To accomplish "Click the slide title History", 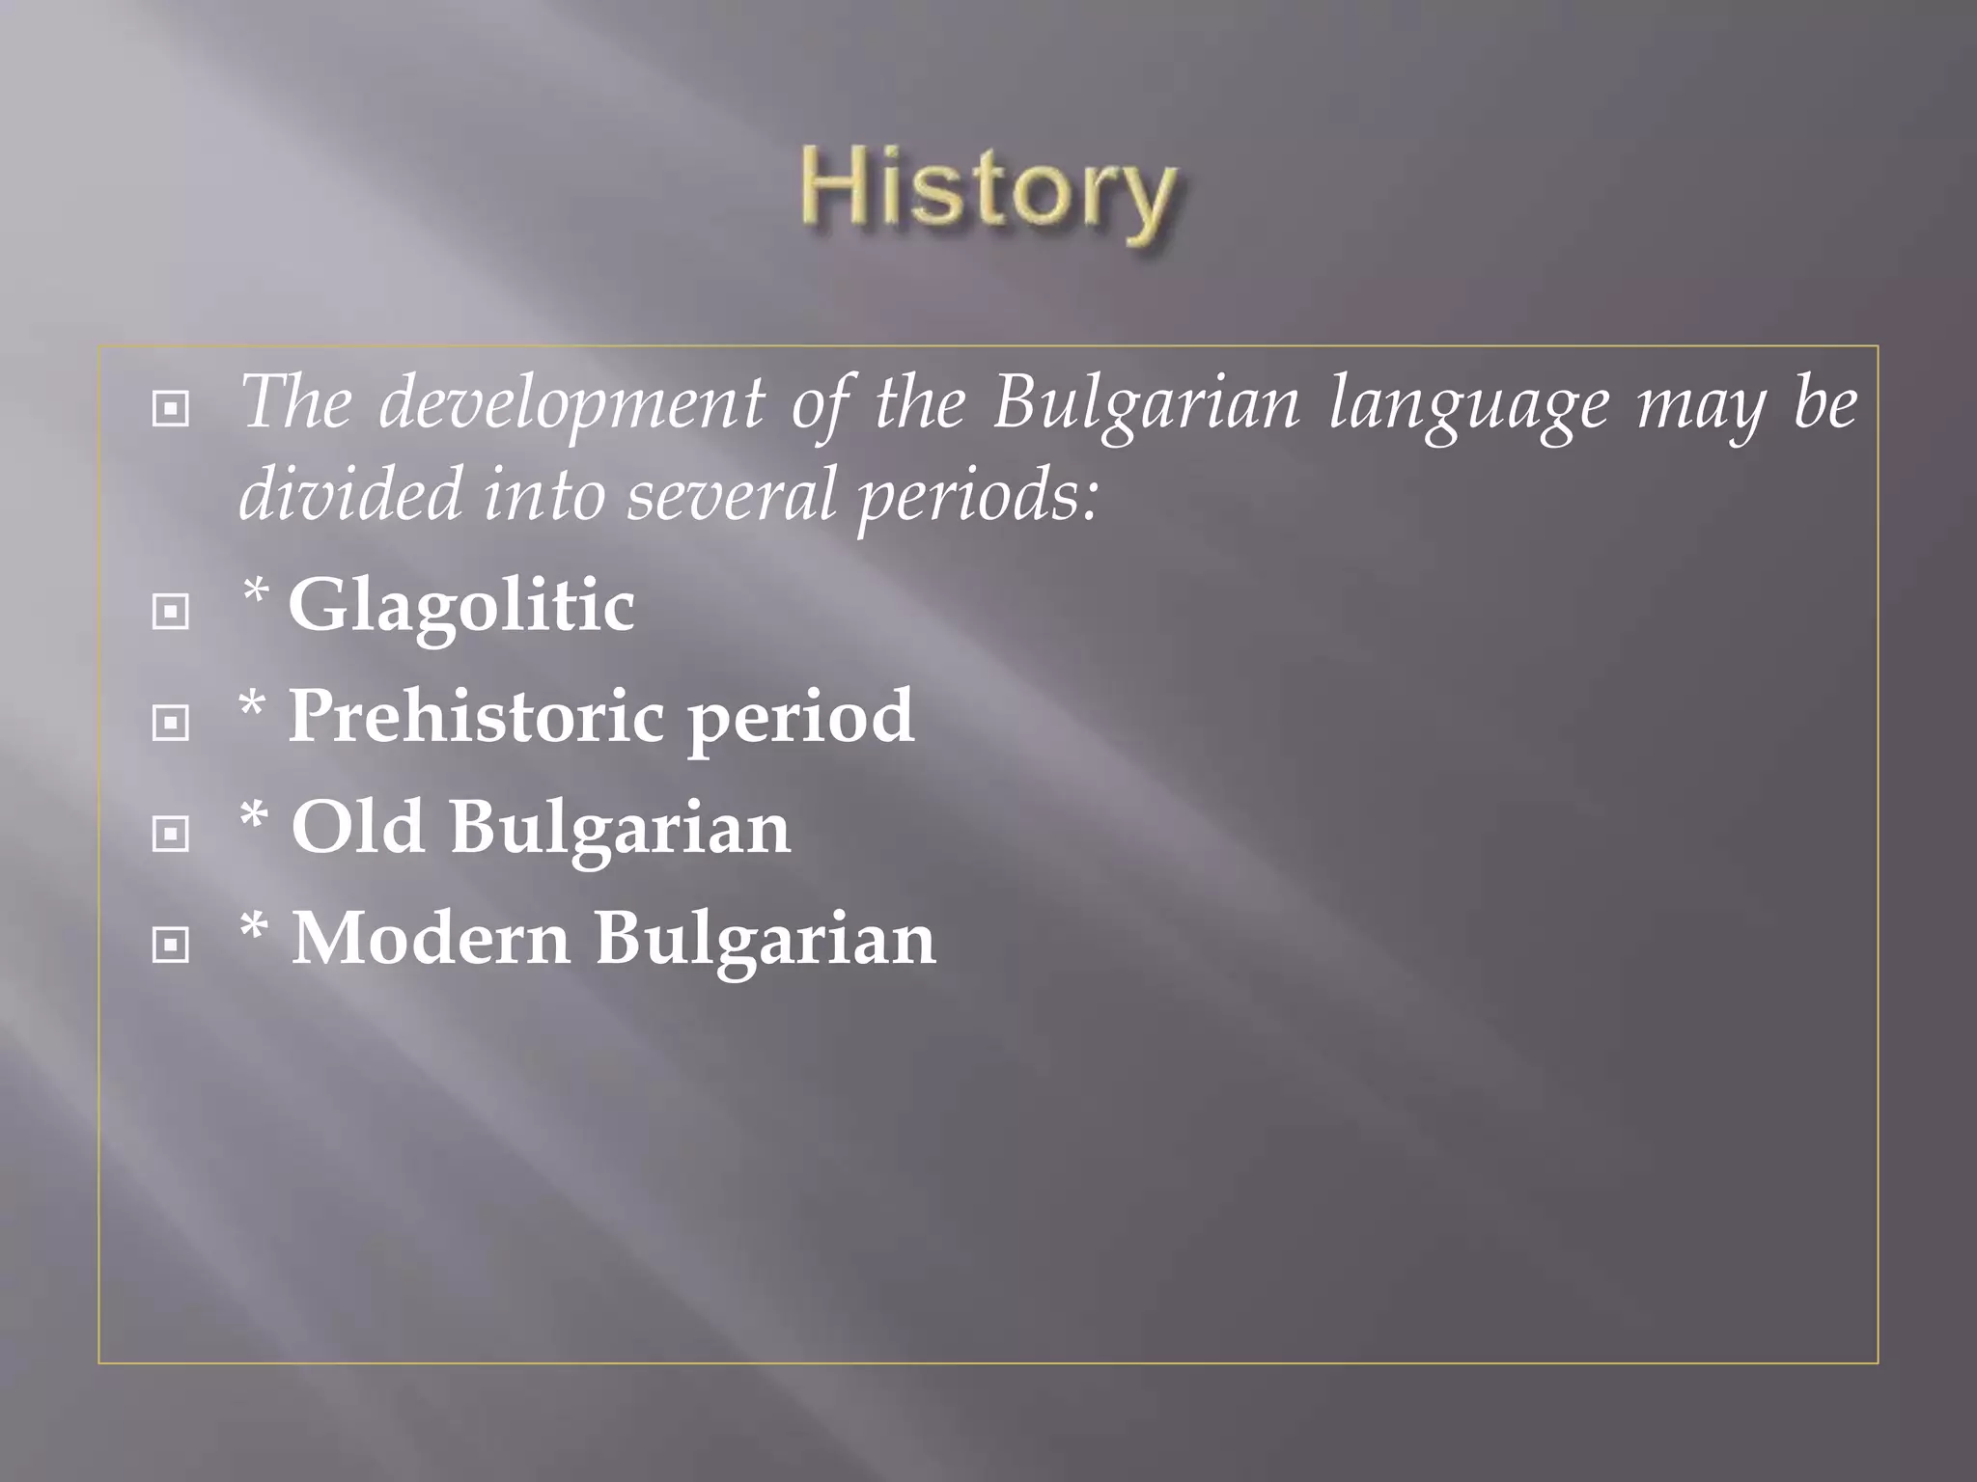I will [988, 190].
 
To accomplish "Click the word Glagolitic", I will [461, 606].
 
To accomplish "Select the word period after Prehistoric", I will [800, 719].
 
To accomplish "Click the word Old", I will [357, 828].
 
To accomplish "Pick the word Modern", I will [431, 939].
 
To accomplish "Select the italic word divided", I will [350, 494].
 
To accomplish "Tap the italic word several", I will [731, 494].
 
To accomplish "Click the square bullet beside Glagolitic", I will [171, 612].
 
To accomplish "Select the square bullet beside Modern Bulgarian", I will [171, 945].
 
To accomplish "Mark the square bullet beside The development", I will [171, 409].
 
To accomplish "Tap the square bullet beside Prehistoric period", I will [171, 723].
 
